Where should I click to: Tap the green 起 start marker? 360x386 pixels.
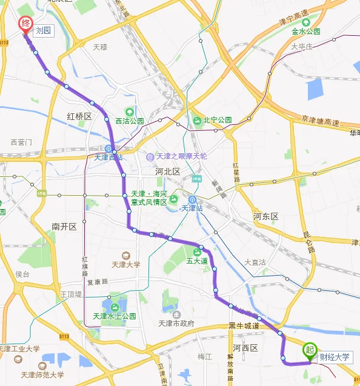click(x=310, y=350)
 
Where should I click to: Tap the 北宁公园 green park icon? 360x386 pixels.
click(x=198, y=120)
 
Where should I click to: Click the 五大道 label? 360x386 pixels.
click(x=197, y=261)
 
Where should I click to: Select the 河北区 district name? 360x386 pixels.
click(x=168, y=172)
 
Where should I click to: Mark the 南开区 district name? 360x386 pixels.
click(x=64, y=226)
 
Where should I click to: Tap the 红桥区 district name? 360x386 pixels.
click(x=79, y=116)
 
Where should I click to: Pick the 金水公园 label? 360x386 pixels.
click(x=305, y=31)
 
